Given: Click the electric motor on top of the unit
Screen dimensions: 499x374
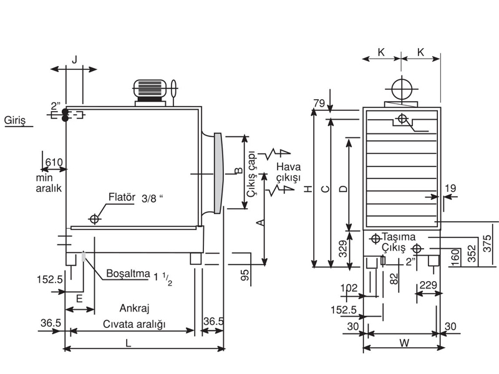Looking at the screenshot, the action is (x=150, y=89).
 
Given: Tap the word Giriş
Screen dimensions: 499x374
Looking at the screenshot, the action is (x=14, y=120).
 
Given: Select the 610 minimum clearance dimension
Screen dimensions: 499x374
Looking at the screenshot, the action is (x=54, y=163).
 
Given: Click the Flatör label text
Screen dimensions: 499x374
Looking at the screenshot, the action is (x=122, y=197).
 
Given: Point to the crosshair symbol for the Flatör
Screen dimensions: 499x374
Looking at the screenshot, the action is (x=94, y=219).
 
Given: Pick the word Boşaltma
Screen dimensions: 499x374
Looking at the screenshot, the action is (x=128, y=274).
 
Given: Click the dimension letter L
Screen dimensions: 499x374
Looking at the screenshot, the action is (x=128, y=343).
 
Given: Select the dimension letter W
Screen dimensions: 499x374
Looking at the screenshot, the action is (x=404, y=343).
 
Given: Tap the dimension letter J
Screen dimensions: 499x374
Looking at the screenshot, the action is (x=74, y=59).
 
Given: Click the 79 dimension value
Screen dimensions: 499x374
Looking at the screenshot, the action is (x=319, y=103).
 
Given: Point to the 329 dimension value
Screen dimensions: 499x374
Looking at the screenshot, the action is (x=342, y=249).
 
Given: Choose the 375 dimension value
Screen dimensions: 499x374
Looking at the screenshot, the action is (x=487, y=243).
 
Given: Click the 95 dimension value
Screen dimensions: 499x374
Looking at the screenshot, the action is (x=245, y=276).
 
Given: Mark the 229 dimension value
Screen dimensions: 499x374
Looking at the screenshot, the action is (x=428, y=285).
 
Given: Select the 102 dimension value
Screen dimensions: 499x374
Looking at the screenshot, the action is (x=349, y=288).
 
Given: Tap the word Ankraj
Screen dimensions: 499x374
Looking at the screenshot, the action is (x=134, y=308).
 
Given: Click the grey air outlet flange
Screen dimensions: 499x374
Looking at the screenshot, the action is (x=218, y=173).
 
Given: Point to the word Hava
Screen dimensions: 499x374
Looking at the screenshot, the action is (x=288, y=167).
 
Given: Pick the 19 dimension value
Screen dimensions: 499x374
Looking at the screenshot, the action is (x=450, y=188).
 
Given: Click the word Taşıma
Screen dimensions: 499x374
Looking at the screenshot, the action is (x=399, y=237).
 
